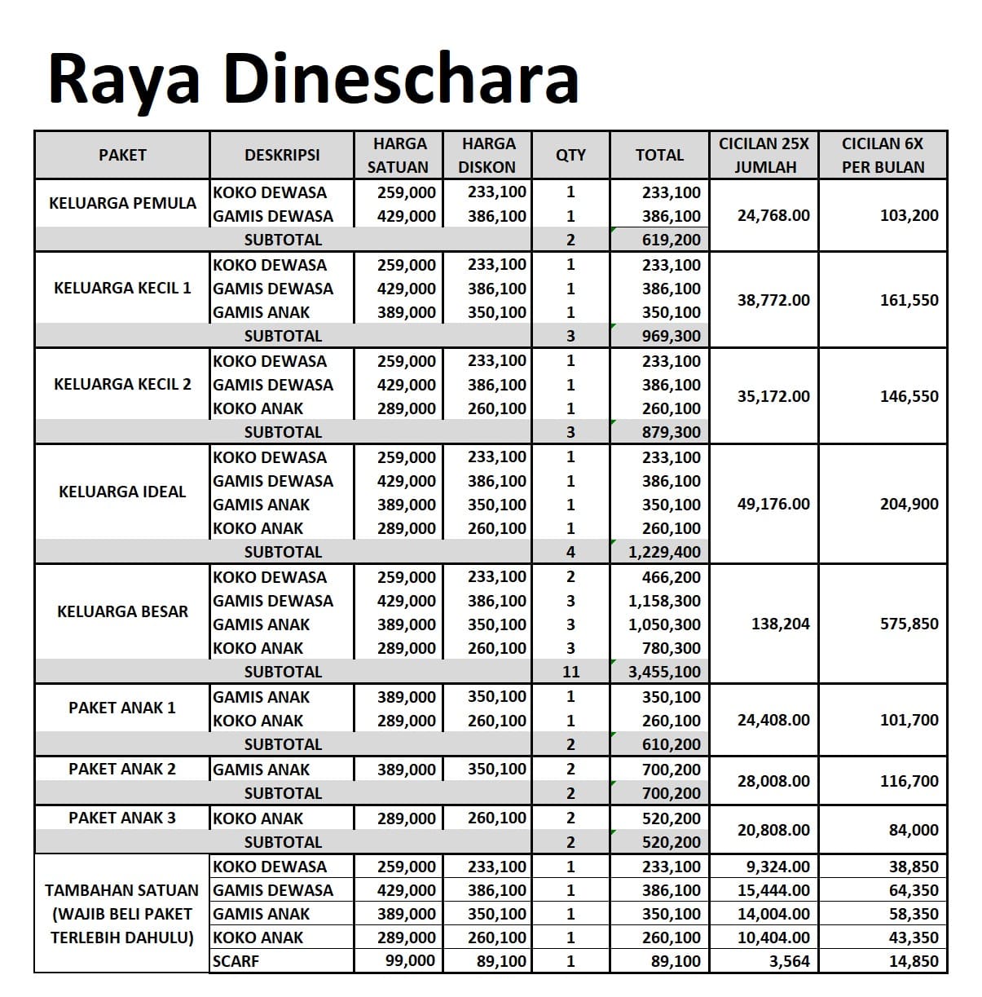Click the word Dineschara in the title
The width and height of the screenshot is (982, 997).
(x=400, y=79)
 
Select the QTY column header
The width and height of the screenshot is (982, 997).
(x=570, y=155)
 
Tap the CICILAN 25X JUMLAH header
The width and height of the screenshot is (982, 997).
(x=764, y=155)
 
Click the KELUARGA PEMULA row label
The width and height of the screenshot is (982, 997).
(x=122, y=203)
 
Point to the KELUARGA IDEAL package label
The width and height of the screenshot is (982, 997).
(x=122, y=492)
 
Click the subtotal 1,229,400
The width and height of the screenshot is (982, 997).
(x=664, y=552)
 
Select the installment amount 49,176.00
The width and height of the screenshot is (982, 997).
(x=773, y=504)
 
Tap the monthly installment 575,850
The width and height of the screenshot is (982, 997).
(x=909, y=624)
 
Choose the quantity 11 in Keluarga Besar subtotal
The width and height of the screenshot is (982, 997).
(x=570, y=672)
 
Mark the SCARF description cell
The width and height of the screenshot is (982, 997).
(x=236, y=961)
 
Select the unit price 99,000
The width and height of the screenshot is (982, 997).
(x=410, y=961)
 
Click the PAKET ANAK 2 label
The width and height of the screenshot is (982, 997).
(x=122, y=769)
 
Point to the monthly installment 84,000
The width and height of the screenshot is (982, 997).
(x=913, y=830)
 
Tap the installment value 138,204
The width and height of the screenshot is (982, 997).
(x=780, y=624)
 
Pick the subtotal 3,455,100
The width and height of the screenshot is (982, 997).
(x=664, y=672)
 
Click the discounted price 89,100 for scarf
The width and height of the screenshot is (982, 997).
(x=501, y=961)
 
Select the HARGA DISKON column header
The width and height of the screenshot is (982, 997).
(x=487, y=155)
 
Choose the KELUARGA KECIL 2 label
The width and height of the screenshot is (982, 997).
(x=122, y=384)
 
